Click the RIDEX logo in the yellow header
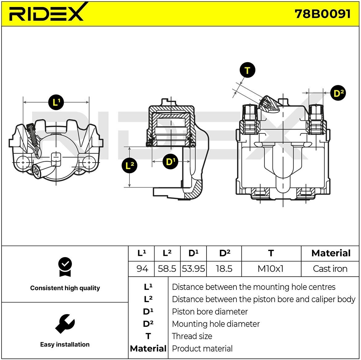pos(46,13)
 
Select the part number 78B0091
pos(322,14)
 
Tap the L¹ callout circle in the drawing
pos(56,102)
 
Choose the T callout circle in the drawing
pos(247,71)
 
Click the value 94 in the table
pos(142,269)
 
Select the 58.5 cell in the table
pos(167,269)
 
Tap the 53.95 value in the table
pos(193,269)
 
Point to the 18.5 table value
pos(224,269)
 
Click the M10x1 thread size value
pos(270,269)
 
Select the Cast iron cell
pos(330,269)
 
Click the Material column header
pos(331,253)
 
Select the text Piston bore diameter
pos(210,312)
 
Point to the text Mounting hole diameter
pos(216,324)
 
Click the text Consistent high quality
pos(65,288)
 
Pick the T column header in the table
pos(271,253)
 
